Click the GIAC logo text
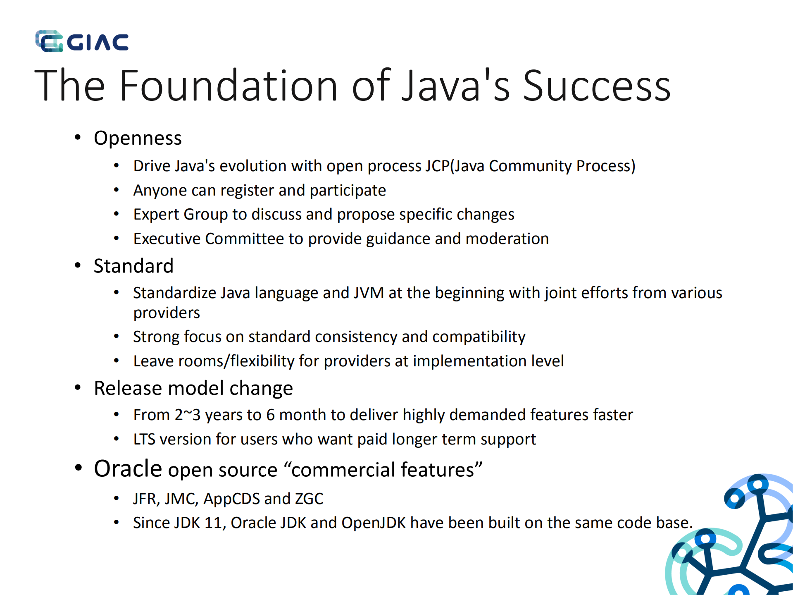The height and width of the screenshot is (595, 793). point(98,42)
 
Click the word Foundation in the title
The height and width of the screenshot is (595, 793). point(229,86)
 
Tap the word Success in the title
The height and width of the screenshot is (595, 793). point(596,86)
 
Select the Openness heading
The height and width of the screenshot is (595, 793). point(138,138)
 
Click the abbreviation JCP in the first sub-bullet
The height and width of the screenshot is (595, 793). point(437,166)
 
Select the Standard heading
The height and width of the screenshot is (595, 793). point(133,266)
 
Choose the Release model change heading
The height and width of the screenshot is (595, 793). point(193,388)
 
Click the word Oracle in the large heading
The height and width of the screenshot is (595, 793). point(128,469)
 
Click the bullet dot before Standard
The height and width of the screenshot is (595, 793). point(78,265)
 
